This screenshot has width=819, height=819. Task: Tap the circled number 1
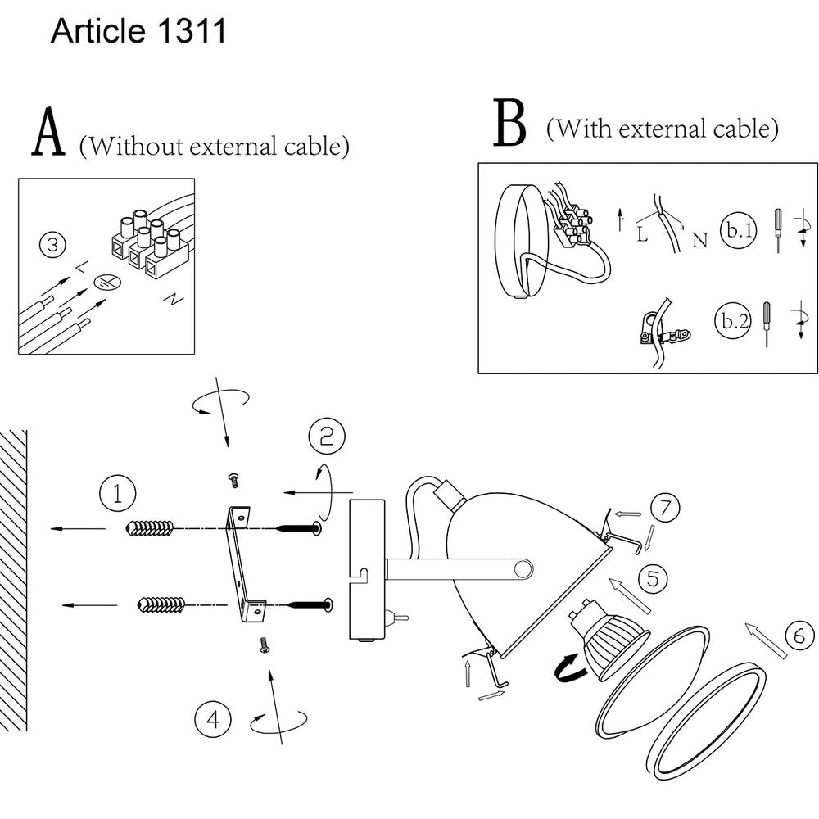coord(117,495)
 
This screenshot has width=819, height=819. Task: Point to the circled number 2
coord(327,437)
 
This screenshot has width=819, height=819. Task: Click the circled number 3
coord(52,245)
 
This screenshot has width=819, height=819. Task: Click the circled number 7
coord(665,507)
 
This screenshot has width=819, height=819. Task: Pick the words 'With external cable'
coord(662,129)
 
